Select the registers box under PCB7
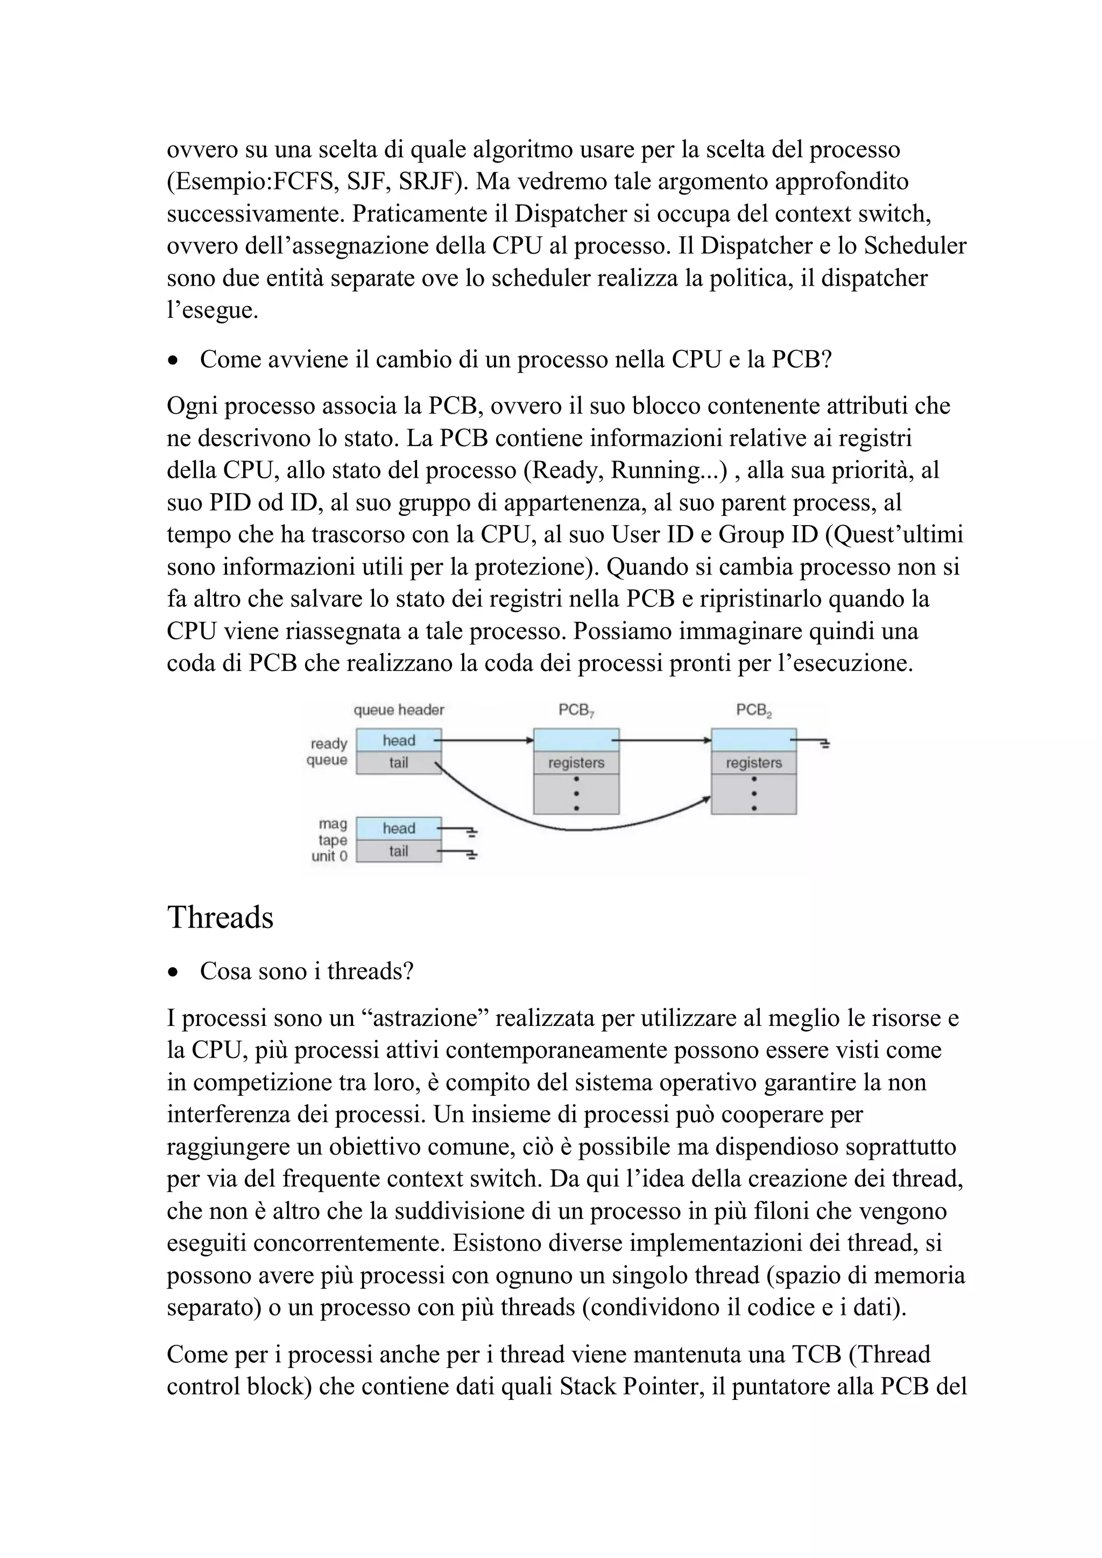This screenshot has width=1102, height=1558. pyautogui.click(x=576, y=763)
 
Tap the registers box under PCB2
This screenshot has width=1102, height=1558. pyautogui.click(x=754, y=763)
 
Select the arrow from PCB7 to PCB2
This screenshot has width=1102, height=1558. pyautogui.click(x=665, y=740)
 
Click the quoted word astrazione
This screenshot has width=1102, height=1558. pyautogui.click(x=425, y=1018)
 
